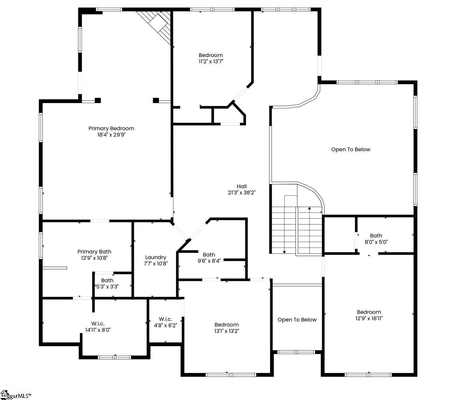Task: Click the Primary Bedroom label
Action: (x=111, y=128)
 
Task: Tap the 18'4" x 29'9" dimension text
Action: (x=111, y=135)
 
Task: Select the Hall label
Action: (x=242, y=186)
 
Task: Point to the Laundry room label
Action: (x=155, y=258)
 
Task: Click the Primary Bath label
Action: (x=94, y=252)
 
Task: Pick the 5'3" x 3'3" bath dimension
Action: (x=107, y=286)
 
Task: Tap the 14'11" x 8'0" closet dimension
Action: (x=98, y=330)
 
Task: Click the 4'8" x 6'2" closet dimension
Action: (x=165, y=325)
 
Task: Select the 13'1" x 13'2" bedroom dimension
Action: (x=227, y=331)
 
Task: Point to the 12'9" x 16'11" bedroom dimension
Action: (x=369, y=318)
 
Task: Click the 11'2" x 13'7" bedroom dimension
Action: (x=211, y=61)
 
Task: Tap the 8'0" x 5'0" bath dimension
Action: (x=376, y=242)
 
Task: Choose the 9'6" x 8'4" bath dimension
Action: (x=209, y=261)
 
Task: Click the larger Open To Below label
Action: (x=351, y=150)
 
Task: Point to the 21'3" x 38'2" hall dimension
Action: (x=242, y=193)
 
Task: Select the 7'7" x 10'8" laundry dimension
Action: (x=155, y=264)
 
